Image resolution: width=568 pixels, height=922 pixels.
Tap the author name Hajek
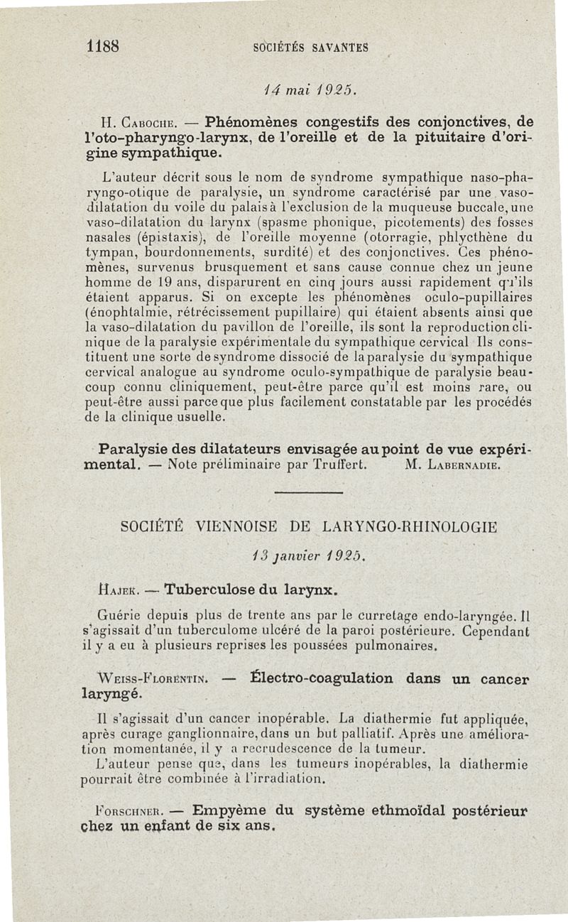click(x=124, y=589)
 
